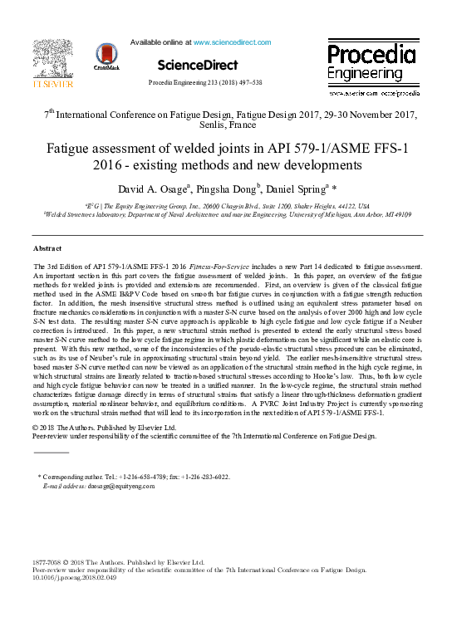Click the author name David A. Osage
[153, 187]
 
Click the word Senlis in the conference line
[214, 126]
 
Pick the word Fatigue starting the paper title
[73, 149]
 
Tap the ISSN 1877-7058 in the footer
[50, 563]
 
